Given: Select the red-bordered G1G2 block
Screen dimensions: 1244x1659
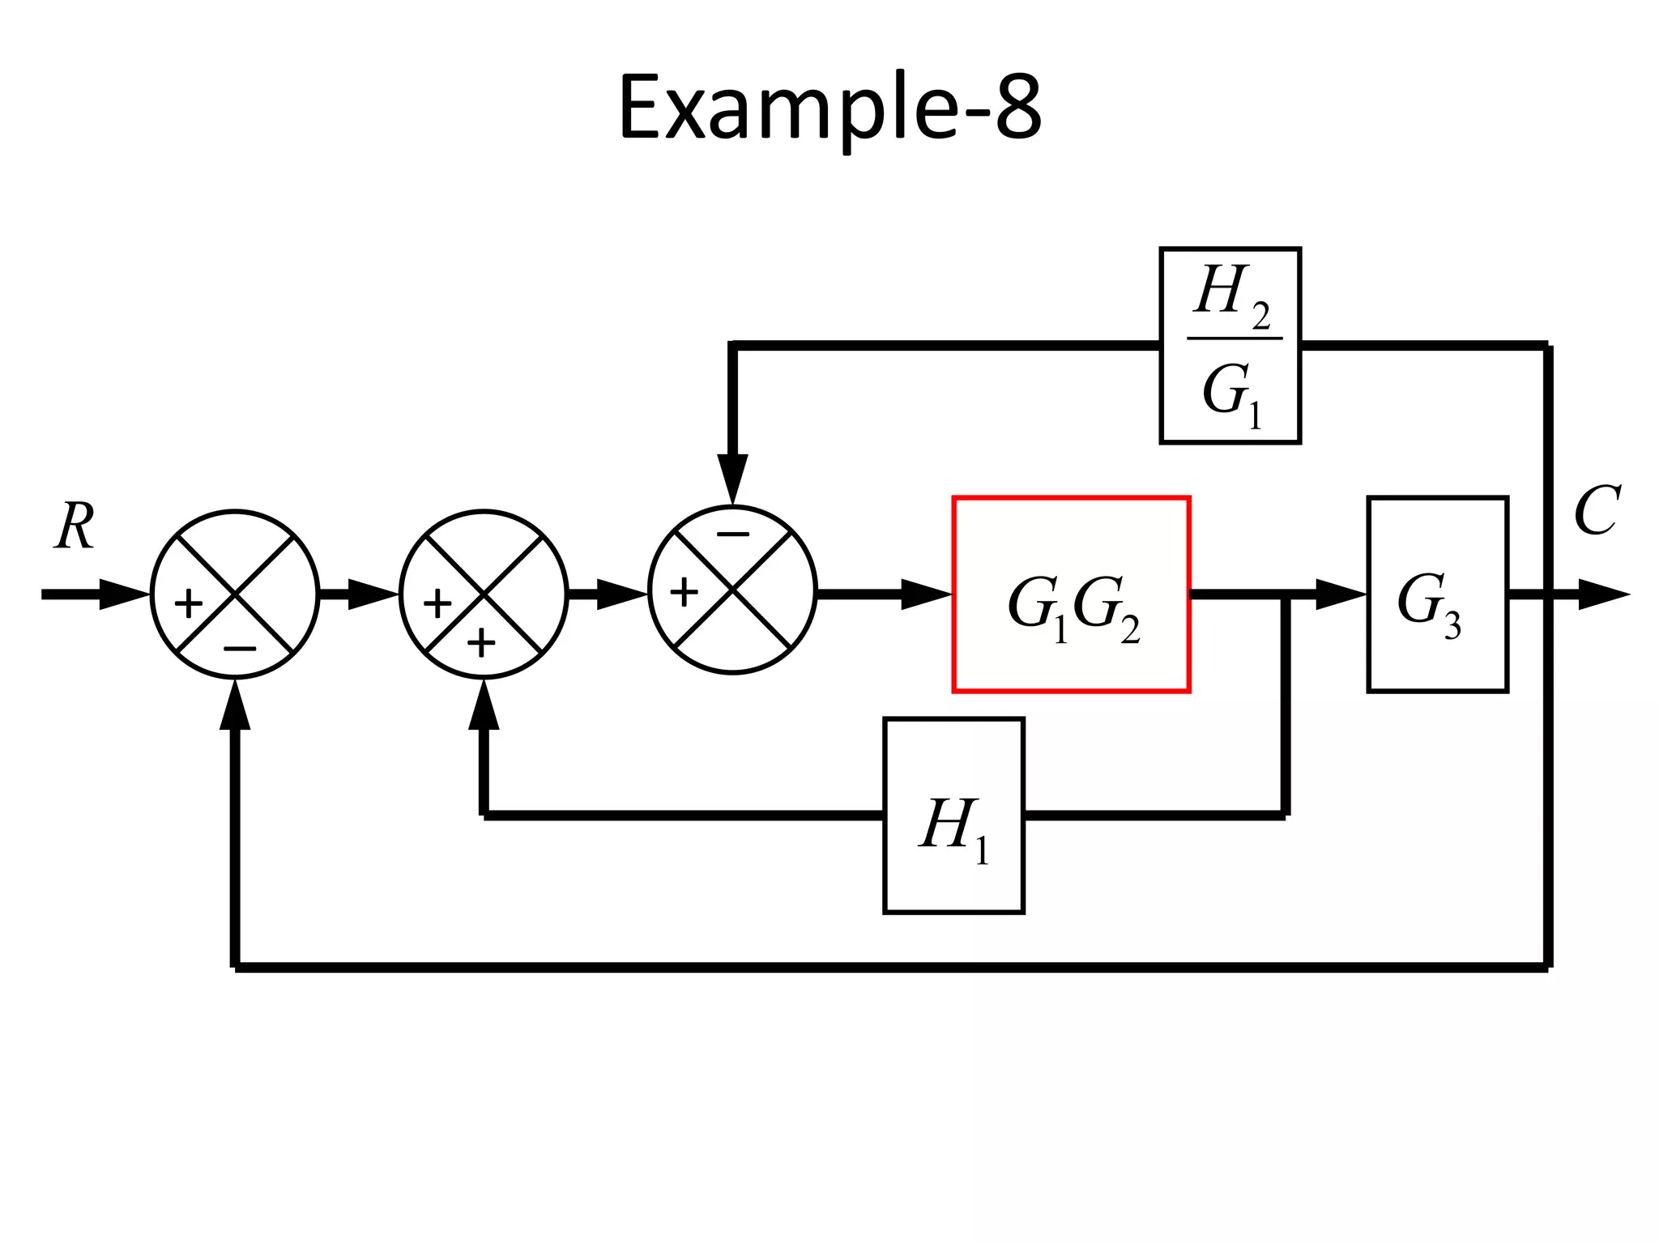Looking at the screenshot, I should [1071, 594].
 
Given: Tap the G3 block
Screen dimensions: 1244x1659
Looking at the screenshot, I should [1437, 594].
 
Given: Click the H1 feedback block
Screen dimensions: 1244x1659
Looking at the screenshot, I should [953, 815].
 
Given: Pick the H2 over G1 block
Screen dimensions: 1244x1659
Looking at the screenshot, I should [1230, 346].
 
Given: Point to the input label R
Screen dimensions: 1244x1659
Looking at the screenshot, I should [75, 526].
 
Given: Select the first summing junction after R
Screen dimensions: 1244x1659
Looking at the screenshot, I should [235, 594].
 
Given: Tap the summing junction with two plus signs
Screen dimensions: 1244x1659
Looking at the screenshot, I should [484, 594].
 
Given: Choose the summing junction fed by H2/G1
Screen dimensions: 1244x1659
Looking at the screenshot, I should [732, 589].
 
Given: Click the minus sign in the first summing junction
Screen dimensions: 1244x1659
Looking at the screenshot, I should [240, 649].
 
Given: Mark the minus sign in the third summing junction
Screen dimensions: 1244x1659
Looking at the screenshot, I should [733, 534].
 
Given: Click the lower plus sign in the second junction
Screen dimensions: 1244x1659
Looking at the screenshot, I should [481, 644].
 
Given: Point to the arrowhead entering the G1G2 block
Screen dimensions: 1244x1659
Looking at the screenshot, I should [927, 594].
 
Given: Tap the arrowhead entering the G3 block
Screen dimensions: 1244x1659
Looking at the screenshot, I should [1341, 594].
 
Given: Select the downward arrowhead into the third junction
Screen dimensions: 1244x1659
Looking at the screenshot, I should [732, 478].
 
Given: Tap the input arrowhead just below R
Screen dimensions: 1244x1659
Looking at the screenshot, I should [124, 594].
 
